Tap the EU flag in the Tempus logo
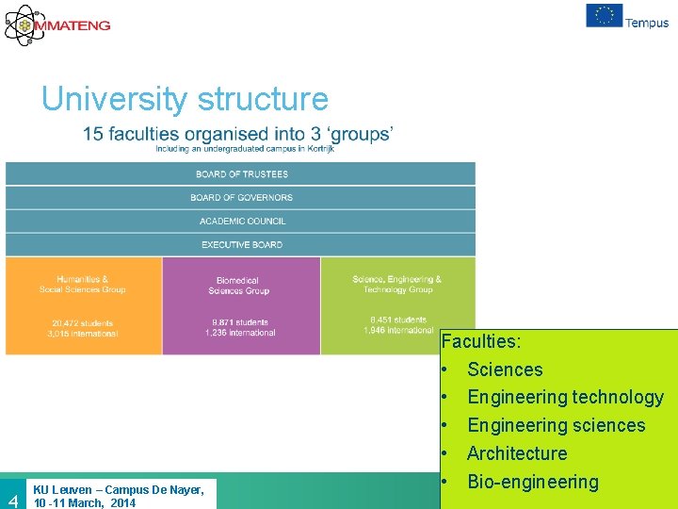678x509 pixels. [604, 16]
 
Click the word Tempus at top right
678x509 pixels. [647, 23]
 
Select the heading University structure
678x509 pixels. [185, 99]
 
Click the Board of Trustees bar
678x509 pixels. [241, 174]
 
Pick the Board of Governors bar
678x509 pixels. [241, 198]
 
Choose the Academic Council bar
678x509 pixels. [241, 222]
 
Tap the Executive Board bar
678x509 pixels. [241, 245]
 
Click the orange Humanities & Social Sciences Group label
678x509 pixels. [83, 285]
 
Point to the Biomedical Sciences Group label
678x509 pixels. [238, 286]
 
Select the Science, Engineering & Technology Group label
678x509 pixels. [396, 284]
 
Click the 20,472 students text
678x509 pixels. [84, 322]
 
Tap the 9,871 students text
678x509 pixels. [239, 322]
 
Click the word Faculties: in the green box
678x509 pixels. [481, 341]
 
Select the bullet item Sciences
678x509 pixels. [505, 369]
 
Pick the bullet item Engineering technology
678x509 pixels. [565, 398]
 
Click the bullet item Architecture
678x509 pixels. [517, 453]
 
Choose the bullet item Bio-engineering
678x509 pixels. [532, 482]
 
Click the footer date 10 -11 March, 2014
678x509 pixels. [85, 502]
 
